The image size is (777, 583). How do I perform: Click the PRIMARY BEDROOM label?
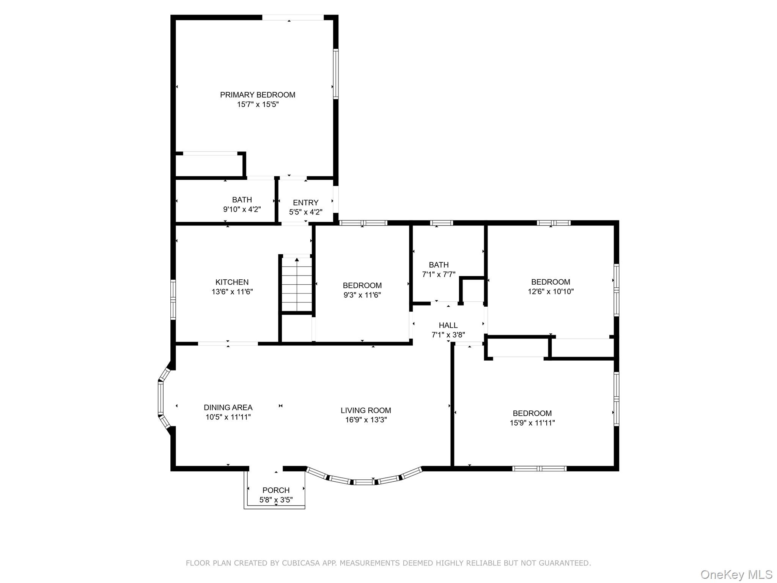coord(258,95)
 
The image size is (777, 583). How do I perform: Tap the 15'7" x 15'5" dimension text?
coord(258,104)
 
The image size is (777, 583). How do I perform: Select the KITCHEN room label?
coord(232,282)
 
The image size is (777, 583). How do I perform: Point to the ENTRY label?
coord(305,203)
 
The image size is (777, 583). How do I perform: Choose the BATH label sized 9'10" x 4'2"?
coord(242,200)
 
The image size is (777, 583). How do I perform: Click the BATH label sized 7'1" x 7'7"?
coord(439,265)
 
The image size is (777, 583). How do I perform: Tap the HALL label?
coord(448,325)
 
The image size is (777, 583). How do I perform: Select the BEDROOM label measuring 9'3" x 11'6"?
coord(362,285)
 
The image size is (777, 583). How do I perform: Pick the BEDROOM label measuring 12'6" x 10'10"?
coord(551,282)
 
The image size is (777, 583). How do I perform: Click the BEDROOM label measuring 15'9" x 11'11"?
coord(532,413)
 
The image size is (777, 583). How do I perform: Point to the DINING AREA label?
coord(228,408)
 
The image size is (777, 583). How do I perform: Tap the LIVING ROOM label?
coord(365,410)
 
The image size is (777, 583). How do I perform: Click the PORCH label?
coord(276,490)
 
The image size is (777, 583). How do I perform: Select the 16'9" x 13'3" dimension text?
coord(365,420)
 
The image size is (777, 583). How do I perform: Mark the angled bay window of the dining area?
coord(160,399)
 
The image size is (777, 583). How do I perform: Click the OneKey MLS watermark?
coord(736,575)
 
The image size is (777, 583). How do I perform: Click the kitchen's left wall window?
coord(173,300)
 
